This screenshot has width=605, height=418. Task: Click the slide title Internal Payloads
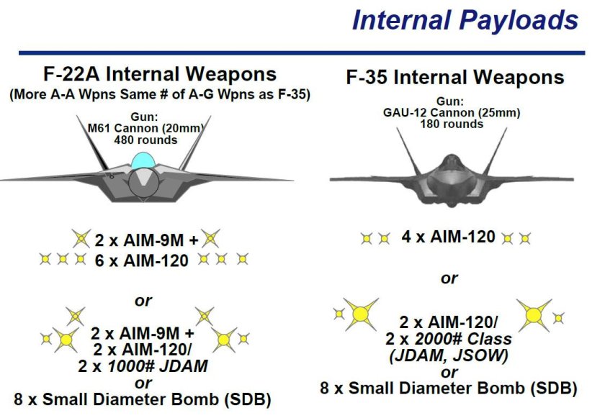point(465,20)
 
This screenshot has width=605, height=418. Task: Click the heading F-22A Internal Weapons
point(160,74)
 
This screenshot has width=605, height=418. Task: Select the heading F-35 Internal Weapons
point(455,77)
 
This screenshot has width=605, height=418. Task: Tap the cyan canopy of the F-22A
point(143,160)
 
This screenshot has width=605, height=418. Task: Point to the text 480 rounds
point(145,140)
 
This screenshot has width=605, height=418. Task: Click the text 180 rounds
point(452,124)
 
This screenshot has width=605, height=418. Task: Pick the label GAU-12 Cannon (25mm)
point(452,113)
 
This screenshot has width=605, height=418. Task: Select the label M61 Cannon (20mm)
point(145,128)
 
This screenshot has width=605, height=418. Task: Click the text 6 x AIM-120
point(142,261)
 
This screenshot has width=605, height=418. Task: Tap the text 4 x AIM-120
point(448,237)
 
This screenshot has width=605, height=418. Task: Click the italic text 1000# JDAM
point(158,366)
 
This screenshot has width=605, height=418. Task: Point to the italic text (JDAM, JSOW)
point(448,355)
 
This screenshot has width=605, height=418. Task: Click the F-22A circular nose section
point(143,183)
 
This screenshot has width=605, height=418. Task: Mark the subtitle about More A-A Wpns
point(160,95)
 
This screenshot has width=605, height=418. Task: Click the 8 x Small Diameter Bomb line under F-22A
point(143,399)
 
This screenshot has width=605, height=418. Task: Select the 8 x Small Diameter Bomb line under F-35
point(448,388)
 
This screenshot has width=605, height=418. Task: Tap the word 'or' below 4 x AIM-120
point(449,278)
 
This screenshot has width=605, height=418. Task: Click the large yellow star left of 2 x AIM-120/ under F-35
point(361,314)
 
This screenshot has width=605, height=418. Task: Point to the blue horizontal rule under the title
point(302,53)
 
